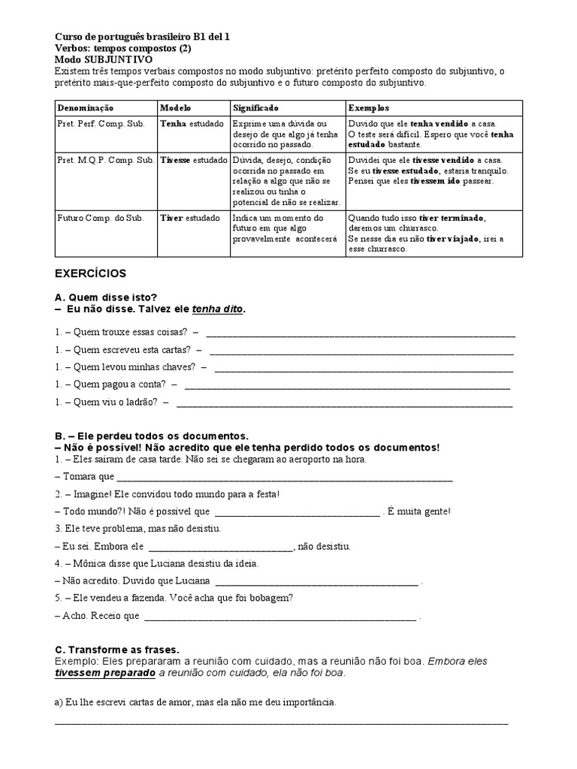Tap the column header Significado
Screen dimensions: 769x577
(255, 108)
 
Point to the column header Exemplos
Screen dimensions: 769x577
(369, 108)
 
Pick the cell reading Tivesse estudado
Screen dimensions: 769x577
(193, 160)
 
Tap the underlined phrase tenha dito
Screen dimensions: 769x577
(219, 309)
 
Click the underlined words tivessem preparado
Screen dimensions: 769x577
(104, 674)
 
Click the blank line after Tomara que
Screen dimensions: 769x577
(285, 478)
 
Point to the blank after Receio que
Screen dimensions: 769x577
(279, 618)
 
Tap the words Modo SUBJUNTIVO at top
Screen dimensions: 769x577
(104, 59)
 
